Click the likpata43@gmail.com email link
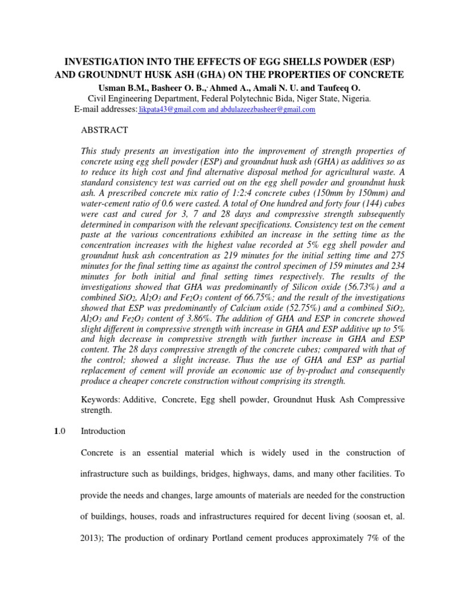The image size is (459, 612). [172, 110]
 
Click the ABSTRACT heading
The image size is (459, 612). [104, 130]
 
